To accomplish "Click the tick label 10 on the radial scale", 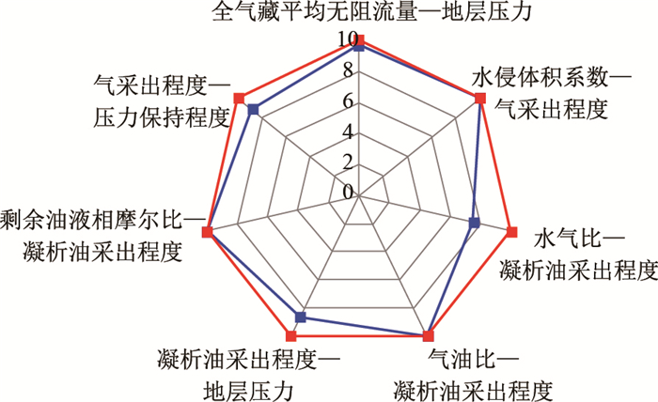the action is pos(346,40).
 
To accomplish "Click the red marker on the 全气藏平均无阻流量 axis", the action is pos(361,39).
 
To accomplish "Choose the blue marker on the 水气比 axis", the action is pos(474,223).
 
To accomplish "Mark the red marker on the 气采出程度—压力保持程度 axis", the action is pos(239,98).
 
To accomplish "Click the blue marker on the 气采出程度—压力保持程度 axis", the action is pos(252,111).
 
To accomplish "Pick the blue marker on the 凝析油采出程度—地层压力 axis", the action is pos(301,316).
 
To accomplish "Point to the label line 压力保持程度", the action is pos(162,118).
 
